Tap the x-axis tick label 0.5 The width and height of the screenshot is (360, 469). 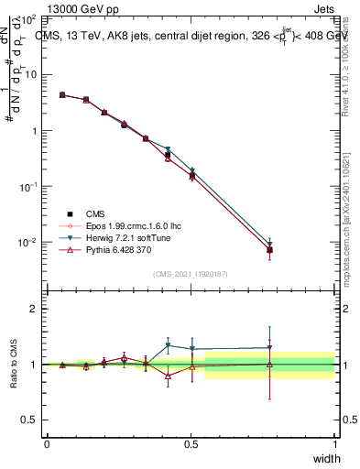coord(191,443)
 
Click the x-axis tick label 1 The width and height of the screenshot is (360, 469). coord(334,443)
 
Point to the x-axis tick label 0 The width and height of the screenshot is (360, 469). coord(47,443)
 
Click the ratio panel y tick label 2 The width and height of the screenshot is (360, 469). coord(34,309)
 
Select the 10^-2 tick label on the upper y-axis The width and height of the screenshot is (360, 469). coord(27,243)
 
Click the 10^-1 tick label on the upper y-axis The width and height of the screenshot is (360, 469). coord(27,187)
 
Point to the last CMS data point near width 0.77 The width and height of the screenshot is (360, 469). coord(269,249)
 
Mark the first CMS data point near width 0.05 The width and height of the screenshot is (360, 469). coord(61,94)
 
